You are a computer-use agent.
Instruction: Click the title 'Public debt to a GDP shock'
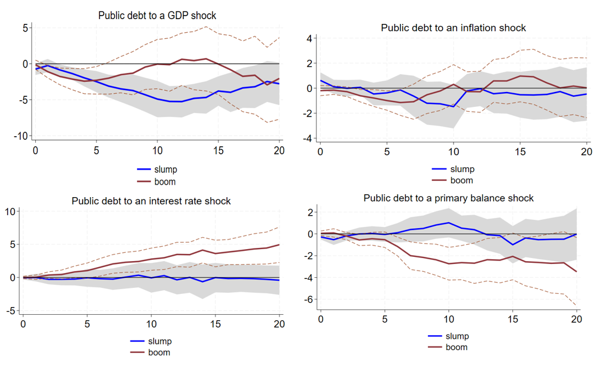[157, 16]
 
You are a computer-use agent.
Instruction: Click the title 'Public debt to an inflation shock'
[453, 28]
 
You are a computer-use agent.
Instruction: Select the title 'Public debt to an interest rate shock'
[151, 201]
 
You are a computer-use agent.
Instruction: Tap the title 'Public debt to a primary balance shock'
[448, 198]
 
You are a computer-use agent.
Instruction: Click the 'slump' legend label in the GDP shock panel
[166, 170]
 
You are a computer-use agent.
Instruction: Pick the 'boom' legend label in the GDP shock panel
[165, 182]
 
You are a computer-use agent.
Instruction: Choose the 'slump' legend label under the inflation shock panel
[461, 169]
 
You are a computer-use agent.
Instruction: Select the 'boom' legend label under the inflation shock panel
[461, 180]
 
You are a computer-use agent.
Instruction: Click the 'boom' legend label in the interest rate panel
[159, 352]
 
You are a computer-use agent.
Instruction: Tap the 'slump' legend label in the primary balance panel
[457, 336]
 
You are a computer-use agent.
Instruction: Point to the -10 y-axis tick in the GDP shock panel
[21, 136]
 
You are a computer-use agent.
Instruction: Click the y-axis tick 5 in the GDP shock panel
[25, 27]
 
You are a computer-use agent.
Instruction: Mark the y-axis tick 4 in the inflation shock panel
[309, 39]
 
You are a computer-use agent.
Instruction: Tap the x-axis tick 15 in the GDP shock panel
[218, 151]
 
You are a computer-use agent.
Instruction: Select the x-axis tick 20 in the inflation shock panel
[586, 152]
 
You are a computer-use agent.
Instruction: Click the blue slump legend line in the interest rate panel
[138, 341]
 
